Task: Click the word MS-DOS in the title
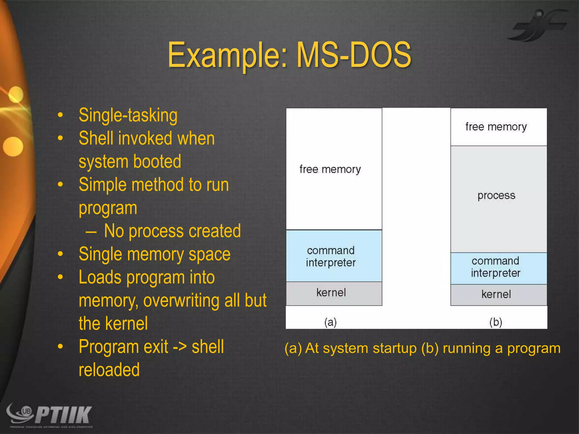coord(353,55)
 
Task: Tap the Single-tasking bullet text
coord(128,116)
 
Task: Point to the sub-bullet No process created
coord(172,231)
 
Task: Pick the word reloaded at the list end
coord(109,370)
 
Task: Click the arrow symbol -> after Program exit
coord(180,347)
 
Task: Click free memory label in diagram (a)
coord(330,169)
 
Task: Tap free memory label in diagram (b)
coord(496,127)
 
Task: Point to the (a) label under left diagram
coord(330,322)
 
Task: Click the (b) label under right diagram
coord(496,322)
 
